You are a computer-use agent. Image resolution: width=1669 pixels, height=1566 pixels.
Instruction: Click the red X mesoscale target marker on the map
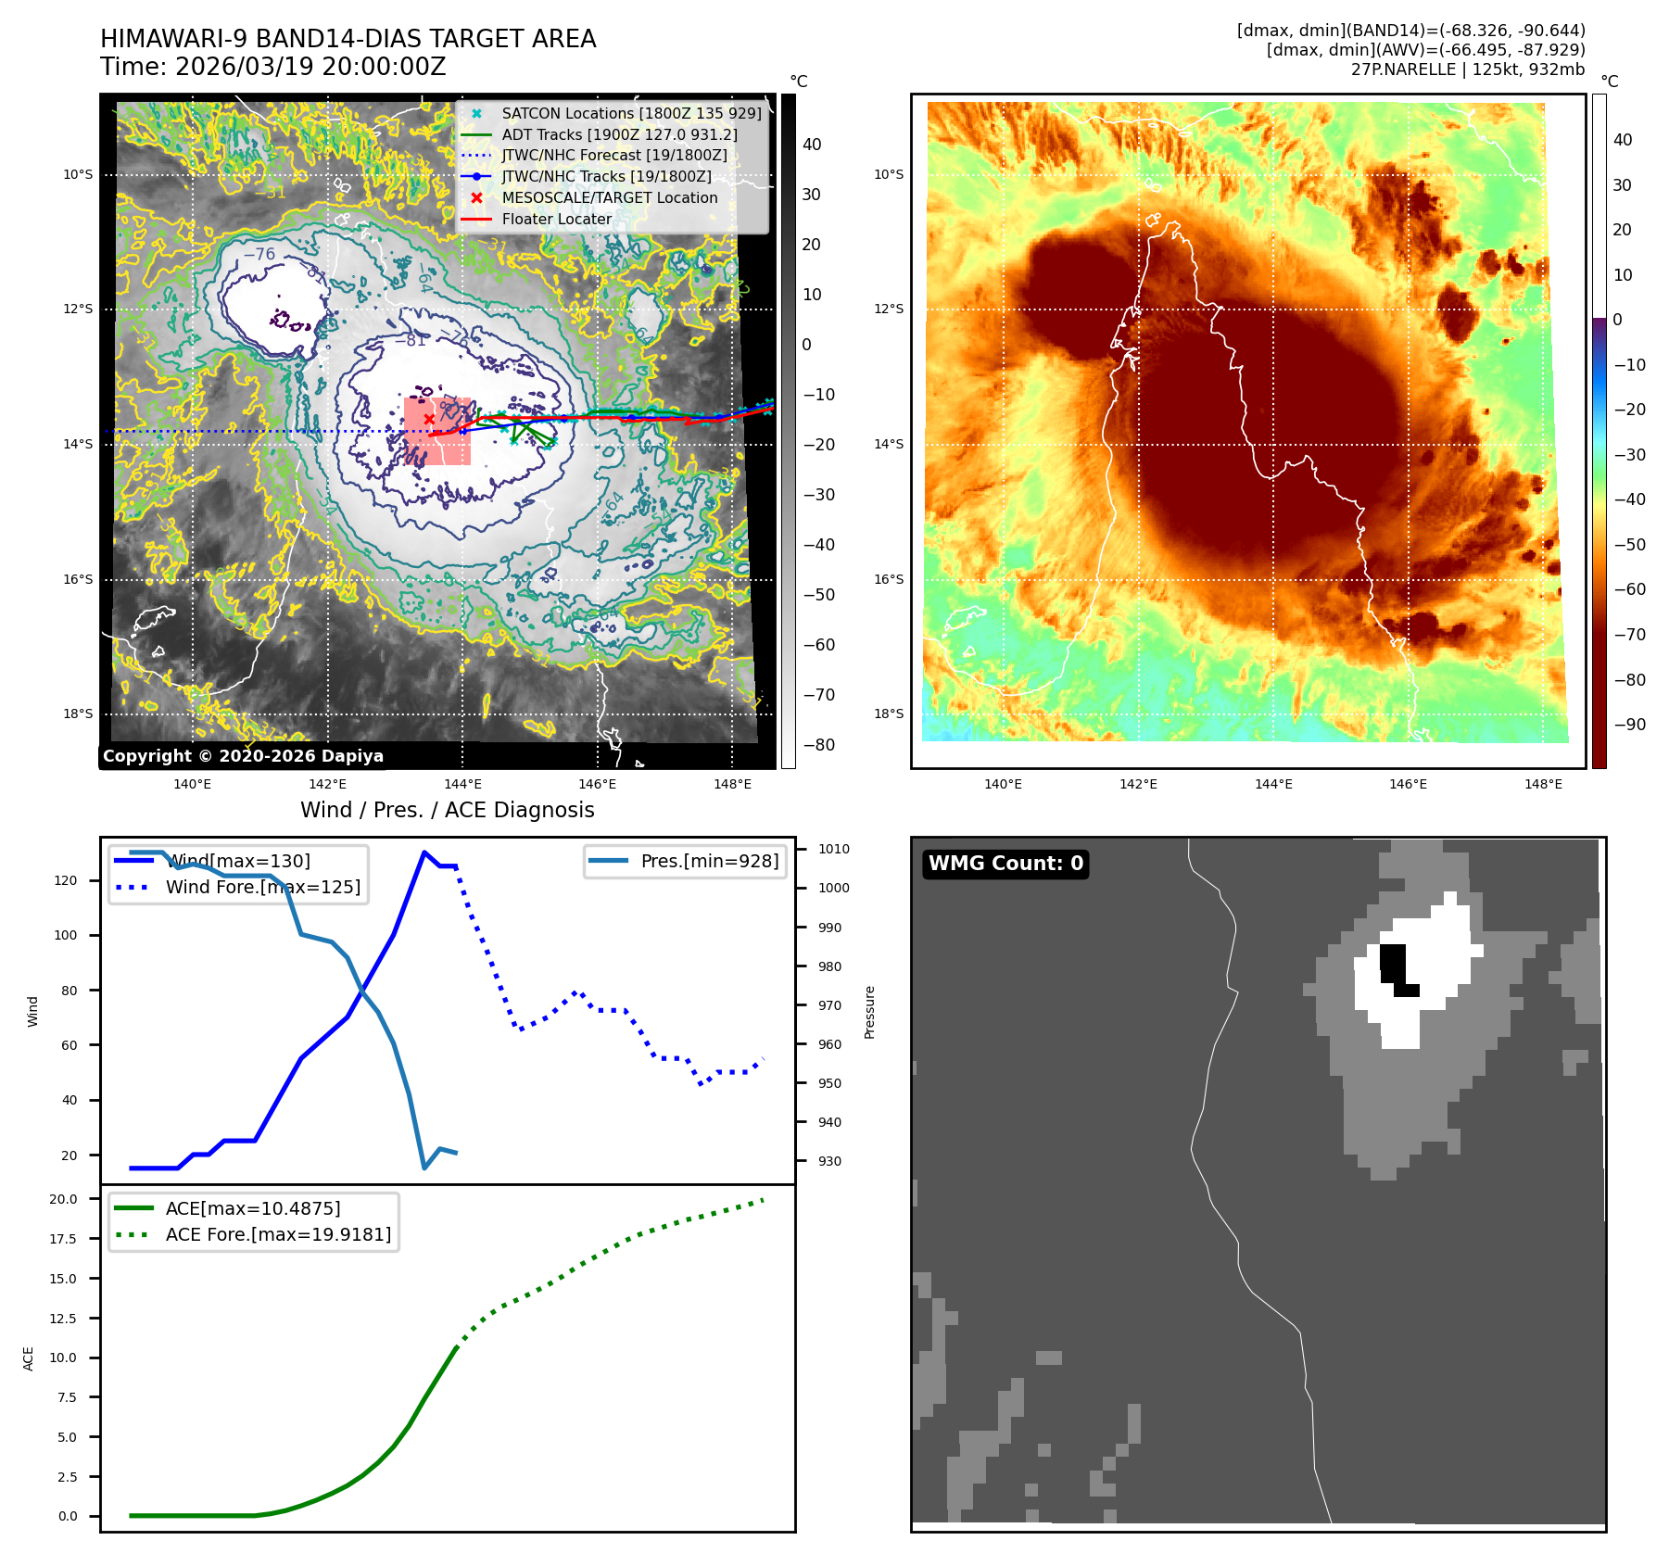(x=429, y=419)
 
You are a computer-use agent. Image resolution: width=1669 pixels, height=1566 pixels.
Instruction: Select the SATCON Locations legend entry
(x=630, y=113)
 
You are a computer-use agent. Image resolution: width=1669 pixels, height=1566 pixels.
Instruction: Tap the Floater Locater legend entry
(x=556, y=219)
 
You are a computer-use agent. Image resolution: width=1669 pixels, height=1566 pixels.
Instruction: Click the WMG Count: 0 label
(x=1005, y=864)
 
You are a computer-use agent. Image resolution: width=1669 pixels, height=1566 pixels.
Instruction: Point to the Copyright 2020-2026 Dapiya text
(x=243, y=756)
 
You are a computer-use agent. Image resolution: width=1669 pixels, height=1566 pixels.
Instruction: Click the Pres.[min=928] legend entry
(x=709, y=861)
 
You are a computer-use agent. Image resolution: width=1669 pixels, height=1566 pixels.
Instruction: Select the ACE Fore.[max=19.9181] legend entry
(x=277, y=1234)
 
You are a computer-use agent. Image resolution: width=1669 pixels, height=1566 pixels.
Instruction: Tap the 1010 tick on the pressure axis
(x=833, y=849)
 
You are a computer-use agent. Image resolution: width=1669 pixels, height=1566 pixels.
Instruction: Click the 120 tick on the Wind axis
(x=66, y=880)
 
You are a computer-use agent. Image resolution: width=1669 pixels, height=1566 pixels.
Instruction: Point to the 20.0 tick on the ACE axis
(x=64, y=1199)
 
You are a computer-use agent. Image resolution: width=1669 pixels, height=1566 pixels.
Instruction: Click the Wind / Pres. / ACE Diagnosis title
(x=447, y=810)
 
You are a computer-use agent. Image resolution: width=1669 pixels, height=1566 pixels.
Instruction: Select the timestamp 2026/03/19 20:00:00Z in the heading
(x=310, y=67)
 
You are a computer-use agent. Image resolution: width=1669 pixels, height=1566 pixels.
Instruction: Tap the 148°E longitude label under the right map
(x=1543, y=784)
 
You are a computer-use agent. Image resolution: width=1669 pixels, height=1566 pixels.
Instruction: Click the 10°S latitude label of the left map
(x=78, y=174)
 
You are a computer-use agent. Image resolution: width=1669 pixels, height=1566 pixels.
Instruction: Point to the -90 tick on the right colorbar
(x=1629, y=725)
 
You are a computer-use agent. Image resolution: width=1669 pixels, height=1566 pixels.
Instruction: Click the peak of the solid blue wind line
(x=424, y=852)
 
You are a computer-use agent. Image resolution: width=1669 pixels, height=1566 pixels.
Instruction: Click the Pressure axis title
(x=869, y=1012)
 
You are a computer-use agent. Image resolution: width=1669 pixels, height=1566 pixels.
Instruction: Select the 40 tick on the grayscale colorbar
(x=812, y=145)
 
